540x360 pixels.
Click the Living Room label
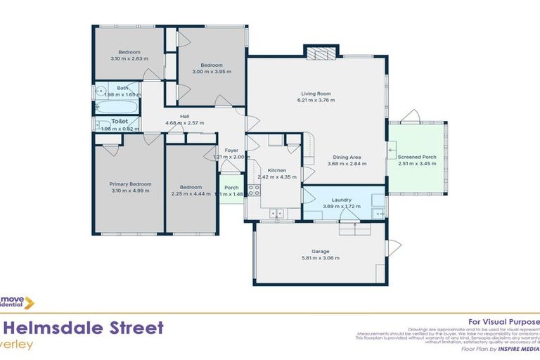click(x=316, y=94)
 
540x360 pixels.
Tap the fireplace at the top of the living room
click(x=321, y=53)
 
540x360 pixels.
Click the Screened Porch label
click(x=416, y=157)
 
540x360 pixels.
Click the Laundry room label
click(x=342, y=200)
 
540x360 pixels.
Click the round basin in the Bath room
click(x=101, y=91)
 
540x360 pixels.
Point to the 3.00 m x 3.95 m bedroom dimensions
click(x=212, y=72)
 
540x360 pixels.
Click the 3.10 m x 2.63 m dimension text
click(x=129, y=59)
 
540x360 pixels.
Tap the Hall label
click(x=184, y=117)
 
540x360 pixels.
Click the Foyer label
click(x=231, y=150)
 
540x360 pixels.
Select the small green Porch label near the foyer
click(x=231, y=188)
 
